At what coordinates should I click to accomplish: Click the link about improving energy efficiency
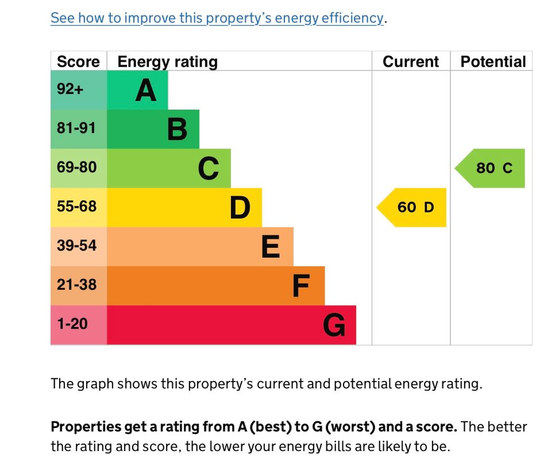coord(217,18)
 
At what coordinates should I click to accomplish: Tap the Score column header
coord(78,62)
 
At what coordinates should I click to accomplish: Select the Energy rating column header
coord(167,62)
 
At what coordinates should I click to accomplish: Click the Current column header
coord(410,62)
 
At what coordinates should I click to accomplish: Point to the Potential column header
coord(493,62)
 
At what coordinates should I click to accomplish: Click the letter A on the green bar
coord(146,90)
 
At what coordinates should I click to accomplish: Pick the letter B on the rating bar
coord(177,129)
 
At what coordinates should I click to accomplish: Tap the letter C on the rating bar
coord(208,169)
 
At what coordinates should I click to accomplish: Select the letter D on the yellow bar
coord(240,208)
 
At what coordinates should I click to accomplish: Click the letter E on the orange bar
coord(271,247)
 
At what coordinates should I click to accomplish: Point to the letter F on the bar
coord(301,286)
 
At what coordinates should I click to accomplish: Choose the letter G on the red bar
coord(334,325)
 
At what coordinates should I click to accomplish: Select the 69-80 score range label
coord(77,168)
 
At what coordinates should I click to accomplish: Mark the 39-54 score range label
coord(77,246)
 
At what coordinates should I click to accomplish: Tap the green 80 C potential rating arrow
coord(492,168)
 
